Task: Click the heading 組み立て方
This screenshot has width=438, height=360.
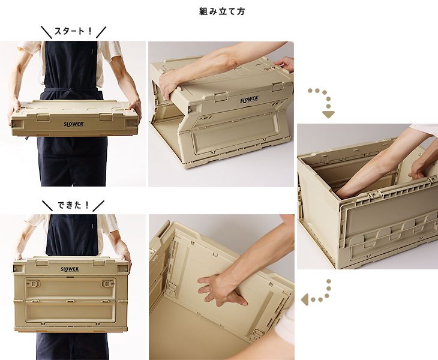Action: click(x=222, y=11)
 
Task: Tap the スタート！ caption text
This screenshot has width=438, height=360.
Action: click(x=73, y=31)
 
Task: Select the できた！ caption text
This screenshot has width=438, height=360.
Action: click(x=73, y=205)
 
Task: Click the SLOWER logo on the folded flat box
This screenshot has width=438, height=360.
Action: click(x=74, y=124)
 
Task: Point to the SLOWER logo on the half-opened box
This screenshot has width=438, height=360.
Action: click(x=249, y=99)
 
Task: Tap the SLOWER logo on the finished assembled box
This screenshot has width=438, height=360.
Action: click(x=70, y=269)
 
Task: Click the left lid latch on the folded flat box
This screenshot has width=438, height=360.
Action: click(x=43, y=117)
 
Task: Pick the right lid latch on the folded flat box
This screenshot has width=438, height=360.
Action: click(x=106, y=117)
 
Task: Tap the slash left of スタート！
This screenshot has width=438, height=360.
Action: click(x=46, y=32)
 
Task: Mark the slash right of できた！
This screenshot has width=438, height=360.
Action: click(x=98, y=206)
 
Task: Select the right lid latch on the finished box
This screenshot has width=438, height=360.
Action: click(x=99, y=263)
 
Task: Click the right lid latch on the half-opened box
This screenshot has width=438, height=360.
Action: click(x=278, y=86)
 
